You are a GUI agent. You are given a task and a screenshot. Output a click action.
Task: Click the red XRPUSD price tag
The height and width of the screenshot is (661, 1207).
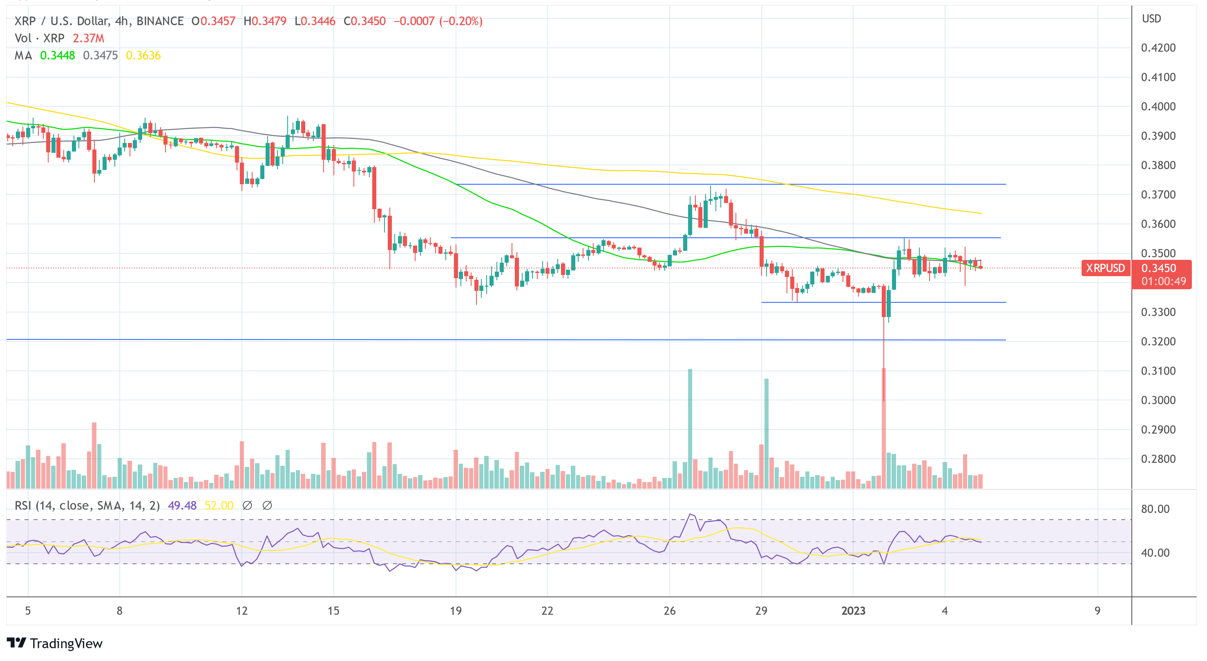point(1105,268)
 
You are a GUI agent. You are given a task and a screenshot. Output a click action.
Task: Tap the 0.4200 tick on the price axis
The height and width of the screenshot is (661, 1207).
point(1158,48)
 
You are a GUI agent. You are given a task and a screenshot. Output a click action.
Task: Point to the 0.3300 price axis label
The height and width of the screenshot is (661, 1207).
point(1158,312)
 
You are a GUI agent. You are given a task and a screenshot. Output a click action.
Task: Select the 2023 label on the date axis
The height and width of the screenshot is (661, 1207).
point(853,611)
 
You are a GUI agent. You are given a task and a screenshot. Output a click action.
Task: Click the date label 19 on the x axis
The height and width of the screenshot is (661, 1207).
point(456,611)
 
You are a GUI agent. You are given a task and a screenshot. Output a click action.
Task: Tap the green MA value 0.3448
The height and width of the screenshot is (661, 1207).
point(57,55)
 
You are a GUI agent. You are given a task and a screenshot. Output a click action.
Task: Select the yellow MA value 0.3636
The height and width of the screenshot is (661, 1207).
point(143,55)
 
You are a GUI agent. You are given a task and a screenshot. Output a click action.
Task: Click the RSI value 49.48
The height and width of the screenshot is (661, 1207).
point(182,505)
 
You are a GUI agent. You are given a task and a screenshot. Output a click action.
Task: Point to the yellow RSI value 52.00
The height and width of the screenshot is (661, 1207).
point(219,505)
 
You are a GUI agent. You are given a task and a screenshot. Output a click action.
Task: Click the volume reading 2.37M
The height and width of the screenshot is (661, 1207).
point(88,38)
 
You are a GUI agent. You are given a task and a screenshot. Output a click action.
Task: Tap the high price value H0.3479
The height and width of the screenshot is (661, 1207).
point(265,21)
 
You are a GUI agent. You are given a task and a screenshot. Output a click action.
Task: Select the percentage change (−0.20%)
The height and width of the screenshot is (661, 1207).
point(460,21)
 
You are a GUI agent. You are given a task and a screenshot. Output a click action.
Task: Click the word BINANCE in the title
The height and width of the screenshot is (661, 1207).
point(160,21)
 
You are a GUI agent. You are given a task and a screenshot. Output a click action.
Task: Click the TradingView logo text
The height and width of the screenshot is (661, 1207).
point(66,643)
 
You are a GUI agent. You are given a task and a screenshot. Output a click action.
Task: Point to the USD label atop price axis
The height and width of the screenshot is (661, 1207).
point(1151,19)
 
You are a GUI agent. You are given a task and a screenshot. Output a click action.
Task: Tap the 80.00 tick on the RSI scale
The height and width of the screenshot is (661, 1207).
point(1155,509)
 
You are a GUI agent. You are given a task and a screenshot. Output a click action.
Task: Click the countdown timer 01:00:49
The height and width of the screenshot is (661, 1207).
point(1163,281)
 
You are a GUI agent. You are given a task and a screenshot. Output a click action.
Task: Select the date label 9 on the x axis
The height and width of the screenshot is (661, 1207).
point(1097,611)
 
